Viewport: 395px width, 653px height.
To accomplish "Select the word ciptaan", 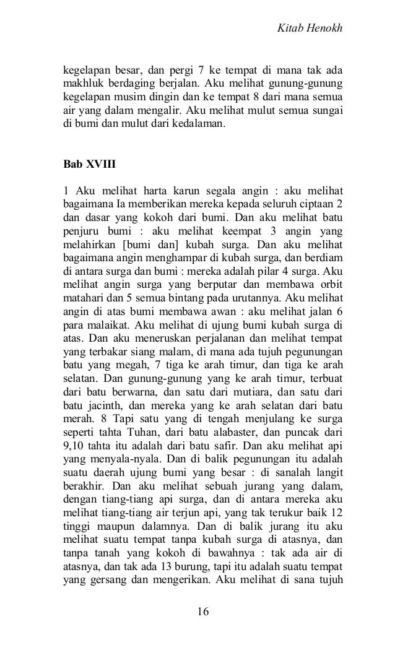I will click(316, 202).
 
